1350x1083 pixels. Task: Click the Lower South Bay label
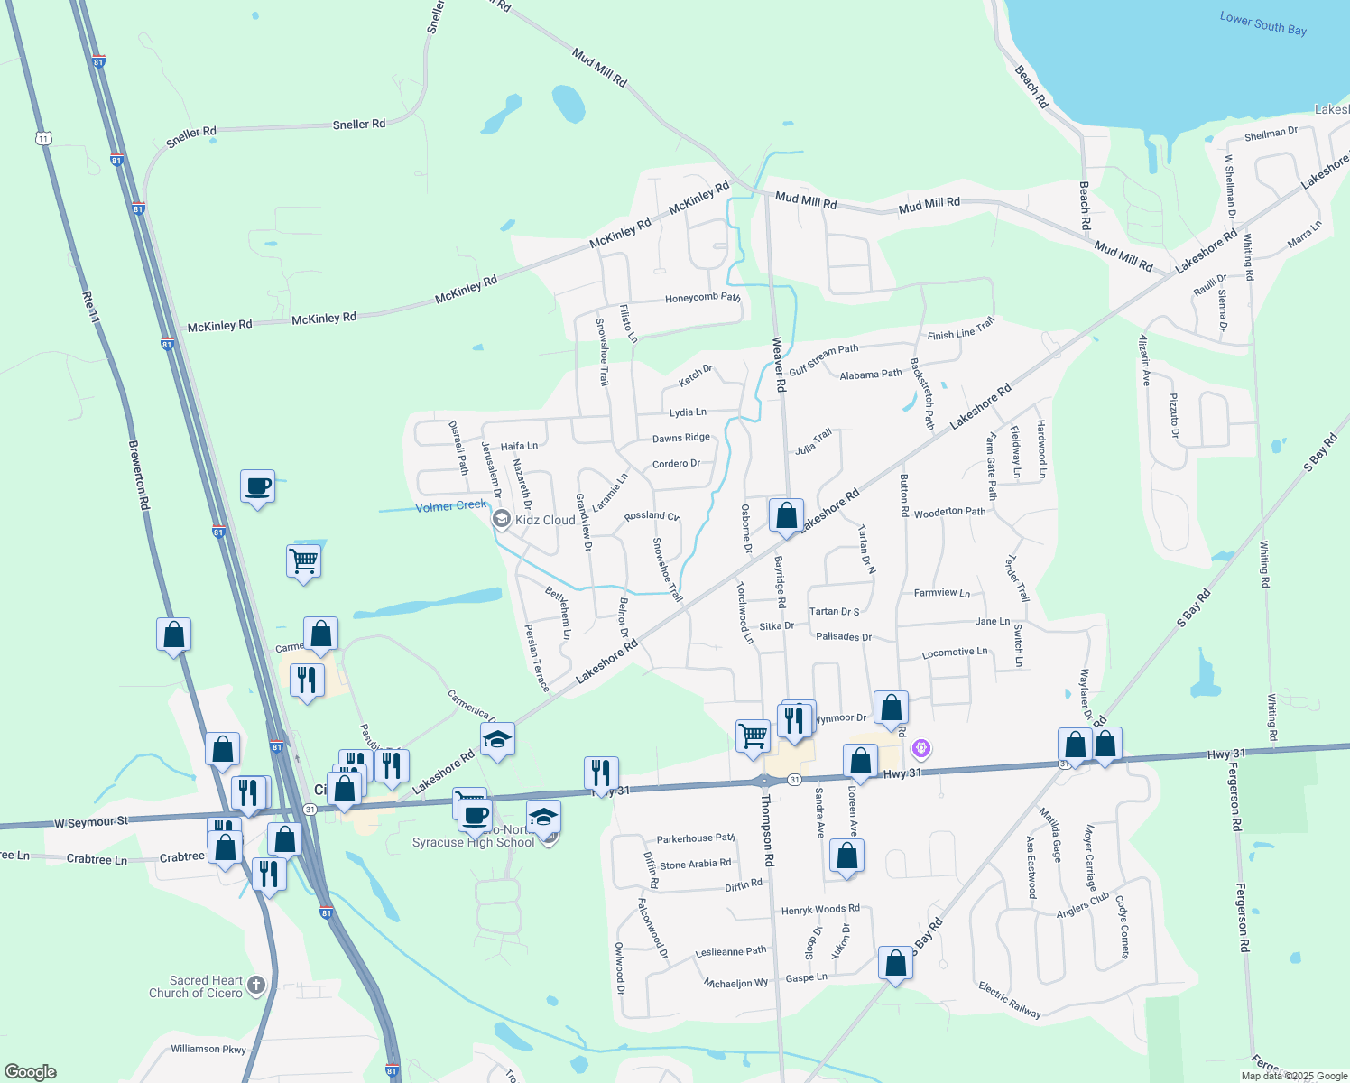(1262, 23)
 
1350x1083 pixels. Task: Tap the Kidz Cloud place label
(545, 520)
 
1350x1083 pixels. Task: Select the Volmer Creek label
(450, 506)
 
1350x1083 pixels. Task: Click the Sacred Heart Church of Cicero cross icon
(256, 985)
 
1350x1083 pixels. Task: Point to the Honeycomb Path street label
(702, 298)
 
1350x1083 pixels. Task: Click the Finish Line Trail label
(960, 329)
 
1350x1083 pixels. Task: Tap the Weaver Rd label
(779, 365)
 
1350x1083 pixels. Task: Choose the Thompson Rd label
(767, 835)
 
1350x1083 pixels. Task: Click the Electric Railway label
(1009, 999)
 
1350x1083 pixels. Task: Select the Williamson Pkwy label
(208, 1049)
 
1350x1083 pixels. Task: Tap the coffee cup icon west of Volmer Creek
(258, 486)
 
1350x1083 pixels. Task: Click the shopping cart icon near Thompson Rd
(753, 736)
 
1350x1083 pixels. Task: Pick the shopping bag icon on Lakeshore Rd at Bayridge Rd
(786, 516)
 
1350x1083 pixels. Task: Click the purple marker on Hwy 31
(920, 748)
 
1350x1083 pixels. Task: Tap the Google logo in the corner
(30, 1072)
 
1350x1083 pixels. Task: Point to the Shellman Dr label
(1271, 134)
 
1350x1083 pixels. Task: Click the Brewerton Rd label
(139, 475)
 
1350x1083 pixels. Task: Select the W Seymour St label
(91, 822)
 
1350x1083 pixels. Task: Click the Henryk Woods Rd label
(820, 910)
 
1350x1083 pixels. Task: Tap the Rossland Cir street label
(652, 516)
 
